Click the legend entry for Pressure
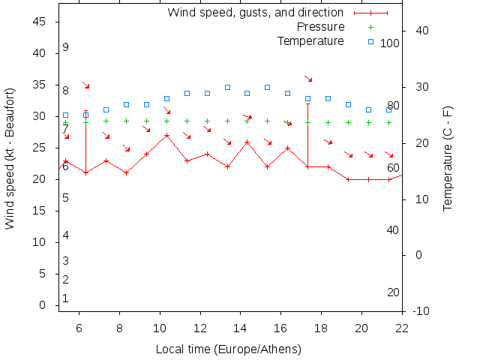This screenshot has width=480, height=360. coord(320,27)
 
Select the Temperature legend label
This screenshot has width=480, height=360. coord(310,40)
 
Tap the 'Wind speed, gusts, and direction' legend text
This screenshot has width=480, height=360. coord(255,13)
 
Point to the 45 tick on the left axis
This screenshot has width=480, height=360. coord(42,22)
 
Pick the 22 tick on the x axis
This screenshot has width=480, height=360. coord(403,327)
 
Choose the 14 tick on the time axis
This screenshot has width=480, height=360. coord(241,327)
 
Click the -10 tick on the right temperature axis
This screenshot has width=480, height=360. coord(421,310)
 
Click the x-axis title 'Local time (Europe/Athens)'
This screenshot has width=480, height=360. coord(228,349)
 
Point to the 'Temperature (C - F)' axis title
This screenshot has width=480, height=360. coord(448,158)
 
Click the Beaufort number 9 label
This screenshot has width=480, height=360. coord(66,47)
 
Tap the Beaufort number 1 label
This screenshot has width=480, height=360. coord(66,298)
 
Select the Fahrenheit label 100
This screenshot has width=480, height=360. coord(390,43)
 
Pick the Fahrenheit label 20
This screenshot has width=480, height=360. coord(393,292)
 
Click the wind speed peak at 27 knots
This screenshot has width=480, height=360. coord(166,136)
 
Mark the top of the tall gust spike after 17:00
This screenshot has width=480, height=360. coord(308,104)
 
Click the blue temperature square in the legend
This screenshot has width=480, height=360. coord(370,40)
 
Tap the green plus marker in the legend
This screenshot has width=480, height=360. coord(370,27)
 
